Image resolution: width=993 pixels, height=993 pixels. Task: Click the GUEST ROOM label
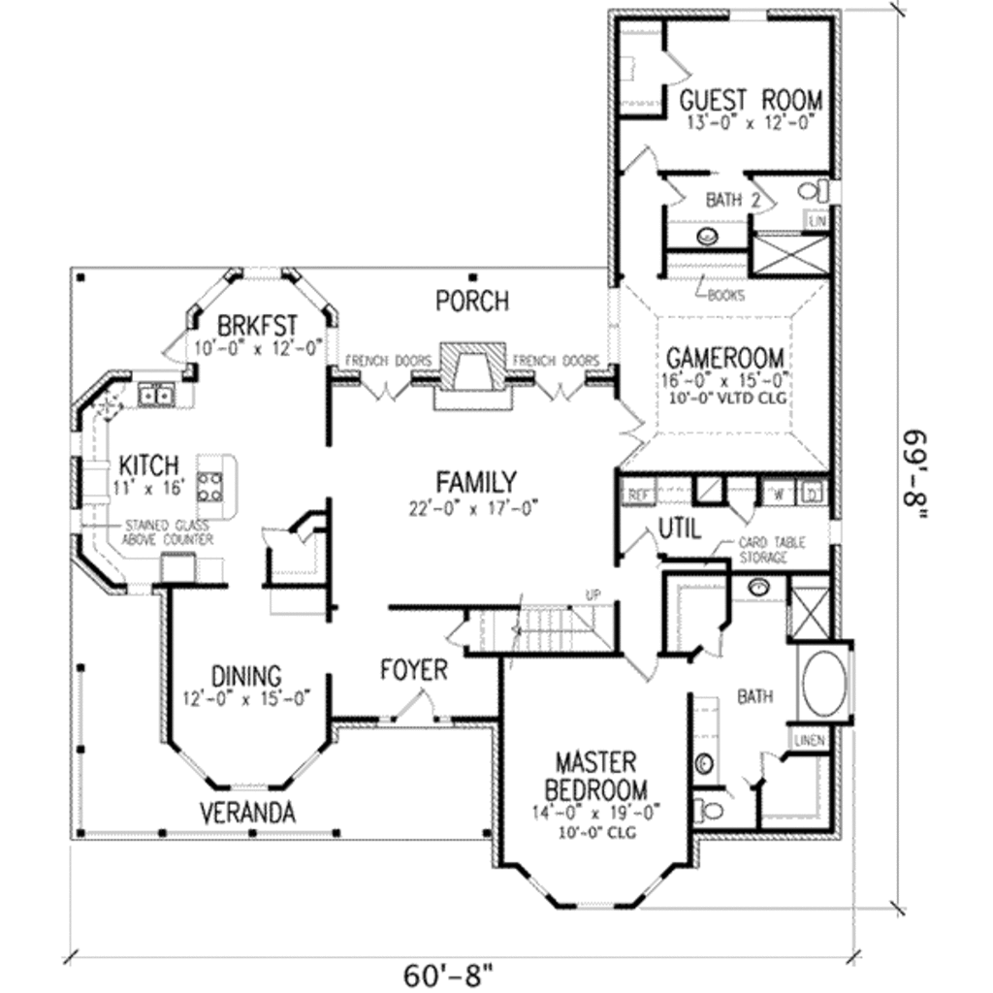[x=750, y=99]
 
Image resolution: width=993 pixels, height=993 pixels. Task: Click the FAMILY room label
[x=475, y=481]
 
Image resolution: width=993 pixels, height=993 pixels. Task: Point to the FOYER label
[x=413, y=669]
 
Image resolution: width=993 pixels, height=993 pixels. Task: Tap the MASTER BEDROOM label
[x=595, y=774]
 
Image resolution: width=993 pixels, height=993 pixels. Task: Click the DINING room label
[x=246, y=674]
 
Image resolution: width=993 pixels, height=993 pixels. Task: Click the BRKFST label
[x=257, y=323]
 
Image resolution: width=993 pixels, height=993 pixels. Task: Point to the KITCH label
[x=147, y=462]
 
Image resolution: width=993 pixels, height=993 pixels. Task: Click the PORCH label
[x=471, y=301]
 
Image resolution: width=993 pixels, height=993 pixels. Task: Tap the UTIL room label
[x=680, y=529]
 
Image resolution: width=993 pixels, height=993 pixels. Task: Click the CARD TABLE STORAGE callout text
[x=771, y=551]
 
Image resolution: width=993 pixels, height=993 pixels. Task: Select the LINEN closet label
[x=809, y=741]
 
